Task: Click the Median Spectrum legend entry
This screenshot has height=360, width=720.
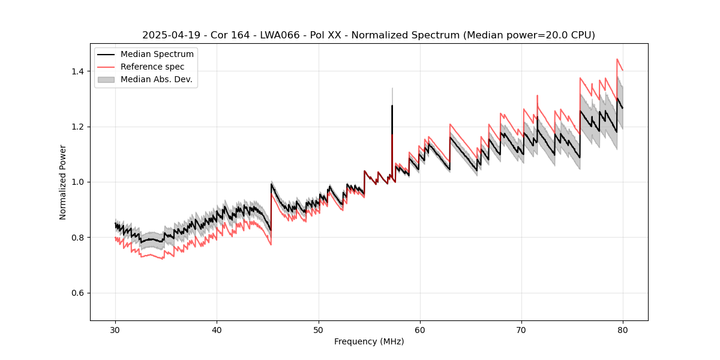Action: coord(157,55)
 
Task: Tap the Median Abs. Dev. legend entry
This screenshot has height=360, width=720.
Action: coord(156,79)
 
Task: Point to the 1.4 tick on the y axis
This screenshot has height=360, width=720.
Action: coord(77,71)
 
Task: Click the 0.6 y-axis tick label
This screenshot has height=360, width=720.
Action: coord(77,293)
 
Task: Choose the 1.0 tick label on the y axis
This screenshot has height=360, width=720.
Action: coord(77,182)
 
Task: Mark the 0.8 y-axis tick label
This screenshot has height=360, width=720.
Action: coord(77,238)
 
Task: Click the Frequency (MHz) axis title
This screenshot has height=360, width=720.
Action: coord(369,341)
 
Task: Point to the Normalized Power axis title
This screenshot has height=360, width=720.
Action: coord(63,182)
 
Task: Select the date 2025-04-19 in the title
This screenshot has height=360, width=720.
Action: coord(169,35)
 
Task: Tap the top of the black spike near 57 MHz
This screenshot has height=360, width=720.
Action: coord(392,106)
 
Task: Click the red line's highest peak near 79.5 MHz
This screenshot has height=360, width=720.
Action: coord(617,59)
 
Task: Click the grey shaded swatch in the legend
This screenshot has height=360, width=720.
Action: coord(106,79)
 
